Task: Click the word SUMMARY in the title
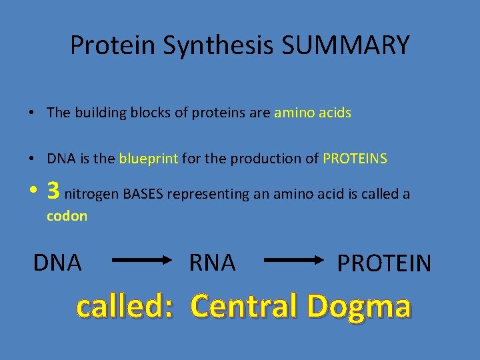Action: (x=346, y=45)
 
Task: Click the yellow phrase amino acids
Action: (x=313, y=113)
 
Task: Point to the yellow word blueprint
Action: (x=149, y=159)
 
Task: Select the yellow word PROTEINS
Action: (x=355, y=159)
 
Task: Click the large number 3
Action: (x=53, y=192)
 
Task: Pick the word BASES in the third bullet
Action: (x=143, y=194)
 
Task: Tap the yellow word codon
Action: (x=67, y=216)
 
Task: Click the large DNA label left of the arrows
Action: (x=57, y=263)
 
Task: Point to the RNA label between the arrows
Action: (x=213, y=263)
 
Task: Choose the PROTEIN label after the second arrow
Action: (x=384, y=263)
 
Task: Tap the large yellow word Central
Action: (x=243, y=306)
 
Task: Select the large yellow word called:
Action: (x=125, y=306)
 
